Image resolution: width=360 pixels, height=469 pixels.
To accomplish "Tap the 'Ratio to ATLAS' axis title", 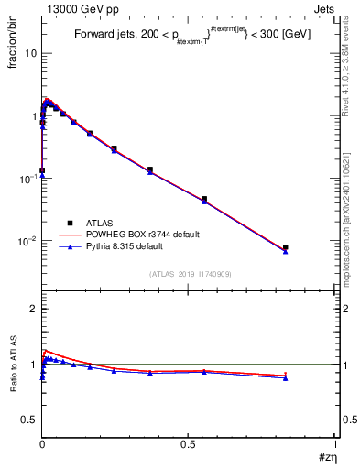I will (x=12, y=363).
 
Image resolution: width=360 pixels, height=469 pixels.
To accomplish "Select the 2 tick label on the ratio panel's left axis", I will (x=30, y=309).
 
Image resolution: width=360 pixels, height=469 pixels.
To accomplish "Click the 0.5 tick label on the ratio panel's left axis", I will (x=27, y=420).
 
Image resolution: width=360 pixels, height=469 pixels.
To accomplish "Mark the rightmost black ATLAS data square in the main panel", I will (x=286, y=247).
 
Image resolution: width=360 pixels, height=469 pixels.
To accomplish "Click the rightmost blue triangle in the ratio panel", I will (x=286, y=377).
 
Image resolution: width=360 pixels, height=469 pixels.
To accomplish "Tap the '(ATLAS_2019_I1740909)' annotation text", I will (x=190, y=274).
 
